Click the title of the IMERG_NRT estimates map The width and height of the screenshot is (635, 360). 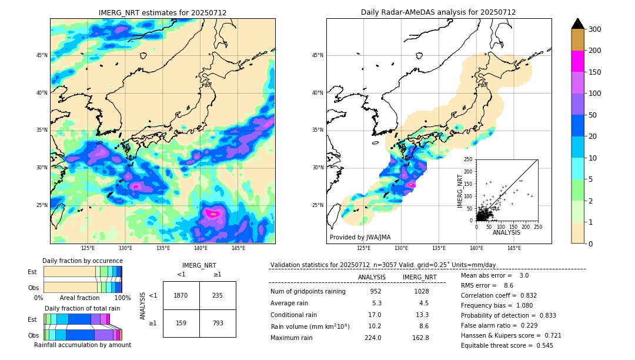(x=162, y=12)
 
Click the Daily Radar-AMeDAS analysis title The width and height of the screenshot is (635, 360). (x=438, y=12)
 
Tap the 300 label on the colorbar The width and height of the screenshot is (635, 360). (x=594, y=29)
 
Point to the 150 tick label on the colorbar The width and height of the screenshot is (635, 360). (x=594, y=72)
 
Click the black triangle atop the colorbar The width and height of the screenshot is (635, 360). (x=578, y=24)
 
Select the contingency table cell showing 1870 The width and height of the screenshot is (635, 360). (x=181, y=295)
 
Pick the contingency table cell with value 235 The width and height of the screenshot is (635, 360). (x=218, y=295)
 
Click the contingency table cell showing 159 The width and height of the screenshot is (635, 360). (x=181, y=323)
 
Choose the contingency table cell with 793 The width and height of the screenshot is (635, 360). (x=218, y=323)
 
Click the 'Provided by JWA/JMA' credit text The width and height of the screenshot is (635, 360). (x=360, y=237)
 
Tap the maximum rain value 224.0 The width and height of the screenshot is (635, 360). (x=372, y=338)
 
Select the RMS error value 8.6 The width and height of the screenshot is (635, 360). (x=509, y=285)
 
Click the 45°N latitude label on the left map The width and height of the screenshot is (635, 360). (x=42, y=55)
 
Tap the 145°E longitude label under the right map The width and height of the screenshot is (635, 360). (x=514, y=248)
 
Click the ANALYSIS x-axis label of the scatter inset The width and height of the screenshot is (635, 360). (x=506, y=232)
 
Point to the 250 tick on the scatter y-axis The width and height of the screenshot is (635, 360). (x=469, y=159)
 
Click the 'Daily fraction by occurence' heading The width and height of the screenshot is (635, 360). (x=82, y=261)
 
